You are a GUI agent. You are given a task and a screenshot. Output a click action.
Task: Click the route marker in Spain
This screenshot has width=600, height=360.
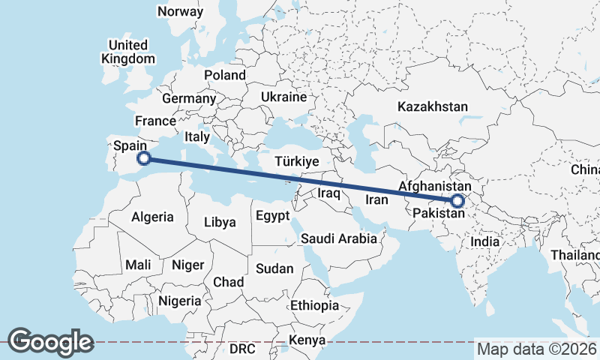pyautogui.click(x=145, y=157)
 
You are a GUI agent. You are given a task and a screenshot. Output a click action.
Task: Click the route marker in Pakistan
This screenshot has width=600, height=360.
pyautogui.click(x=457, y=200)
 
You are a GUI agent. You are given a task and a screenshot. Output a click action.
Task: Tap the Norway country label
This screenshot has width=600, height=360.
pyautogui.click(x=180, y=11)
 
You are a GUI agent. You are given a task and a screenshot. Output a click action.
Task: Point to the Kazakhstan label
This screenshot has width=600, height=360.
pyautogui.click(x=433, y=106)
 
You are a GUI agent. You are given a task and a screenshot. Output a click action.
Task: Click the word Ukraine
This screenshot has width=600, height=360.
pyautogui.click(x=284, y=97)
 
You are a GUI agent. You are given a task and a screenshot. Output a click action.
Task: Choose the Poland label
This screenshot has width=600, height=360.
pyautogui.click(x=225, y=75)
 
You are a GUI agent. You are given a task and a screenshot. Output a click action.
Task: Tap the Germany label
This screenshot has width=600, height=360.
pyautogui.click(x=189, y=99)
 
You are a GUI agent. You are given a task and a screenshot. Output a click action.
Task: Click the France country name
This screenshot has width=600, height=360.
pyautogui.click(x=155, y=121)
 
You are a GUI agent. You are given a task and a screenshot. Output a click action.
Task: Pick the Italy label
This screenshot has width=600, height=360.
pyautogui.click(x=197, y=137)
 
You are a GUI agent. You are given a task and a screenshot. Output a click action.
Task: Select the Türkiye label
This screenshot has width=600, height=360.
pyautogui.click(x=297, y=162)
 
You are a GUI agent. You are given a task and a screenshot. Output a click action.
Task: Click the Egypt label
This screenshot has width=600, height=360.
pyautogui.click(x=272, y=216)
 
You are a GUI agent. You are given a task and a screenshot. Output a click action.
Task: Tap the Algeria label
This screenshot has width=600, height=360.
pyautogui.click(x=153, y=217)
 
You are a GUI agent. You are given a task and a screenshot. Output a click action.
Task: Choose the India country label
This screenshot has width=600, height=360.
pyautogui.click(x=484, y=241)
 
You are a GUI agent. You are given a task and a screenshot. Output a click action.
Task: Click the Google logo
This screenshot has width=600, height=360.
pyautogui.click(x=50, y=342)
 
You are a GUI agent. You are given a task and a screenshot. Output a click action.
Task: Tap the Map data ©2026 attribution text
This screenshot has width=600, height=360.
pyautogui.click(x=537, y=349)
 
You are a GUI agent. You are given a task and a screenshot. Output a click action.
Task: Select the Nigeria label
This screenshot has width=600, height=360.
pyautogui.click(x=179, y=301)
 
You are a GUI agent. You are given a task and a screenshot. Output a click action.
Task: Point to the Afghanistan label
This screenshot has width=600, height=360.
pyautogui.click(x=435, y=186)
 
